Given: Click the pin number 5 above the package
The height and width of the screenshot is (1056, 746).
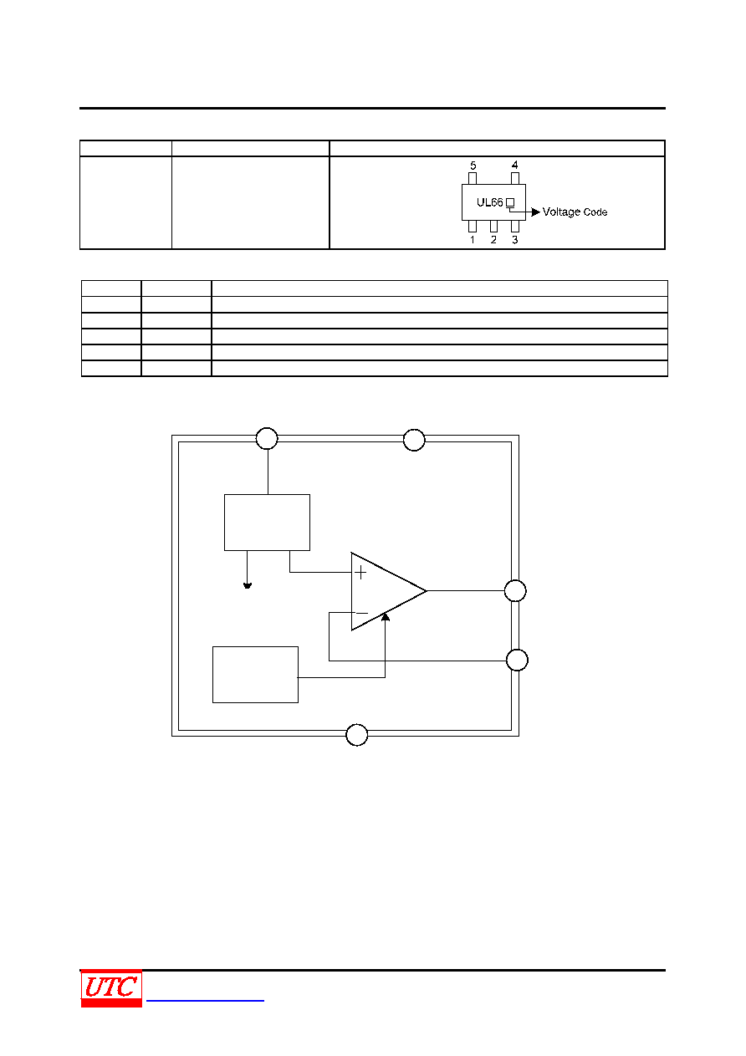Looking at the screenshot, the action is point(473,166).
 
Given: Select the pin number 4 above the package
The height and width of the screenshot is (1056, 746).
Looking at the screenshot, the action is point(514,165).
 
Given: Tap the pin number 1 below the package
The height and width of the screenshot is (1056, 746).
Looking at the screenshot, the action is point(472,239).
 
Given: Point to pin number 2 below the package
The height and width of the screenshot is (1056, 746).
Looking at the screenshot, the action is point(493,239).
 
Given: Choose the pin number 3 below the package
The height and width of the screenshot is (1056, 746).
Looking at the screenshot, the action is point(515,239).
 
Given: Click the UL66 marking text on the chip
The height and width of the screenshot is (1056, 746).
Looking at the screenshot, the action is point(489,202).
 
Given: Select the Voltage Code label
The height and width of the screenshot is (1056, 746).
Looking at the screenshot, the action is point(575,212).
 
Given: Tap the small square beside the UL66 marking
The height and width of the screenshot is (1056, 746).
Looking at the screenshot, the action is point(510,202).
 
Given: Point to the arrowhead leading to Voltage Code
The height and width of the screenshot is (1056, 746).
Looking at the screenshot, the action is point(536,212).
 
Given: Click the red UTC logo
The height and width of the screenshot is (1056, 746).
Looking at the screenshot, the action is point(111,987).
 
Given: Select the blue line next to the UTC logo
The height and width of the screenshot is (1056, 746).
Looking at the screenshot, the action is point(205,1000).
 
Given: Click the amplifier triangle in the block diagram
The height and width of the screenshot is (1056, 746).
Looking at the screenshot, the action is point(389,591).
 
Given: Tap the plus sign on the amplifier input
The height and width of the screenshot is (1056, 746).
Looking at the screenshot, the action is point(360,573).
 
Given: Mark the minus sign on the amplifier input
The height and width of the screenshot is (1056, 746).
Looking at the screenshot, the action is point(361,614).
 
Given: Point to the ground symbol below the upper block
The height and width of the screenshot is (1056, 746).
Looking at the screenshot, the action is point(247,585).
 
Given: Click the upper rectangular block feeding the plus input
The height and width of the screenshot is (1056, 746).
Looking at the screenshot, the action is point(267,523).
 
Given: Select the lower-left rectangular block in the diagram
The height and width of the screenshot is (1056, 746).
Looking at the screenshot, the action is point(255,675).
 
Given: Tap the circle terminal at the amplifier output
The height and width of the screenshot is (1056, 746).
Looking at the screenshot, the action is point(515,590).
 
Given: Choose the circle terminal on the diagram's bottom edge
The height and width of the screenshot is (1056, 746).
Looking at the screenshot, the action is point(356,734).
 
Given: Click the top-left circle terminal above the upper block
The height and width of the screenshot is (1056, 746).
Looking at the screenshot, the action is point(267,438).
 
